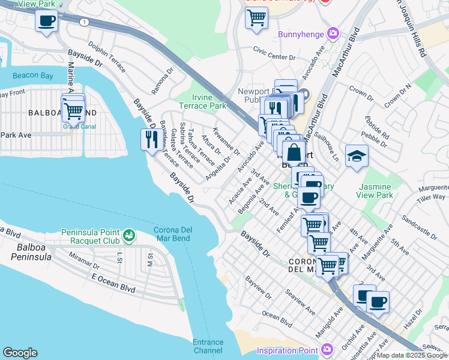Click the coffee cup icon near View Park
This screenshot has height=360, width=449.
[47, 22]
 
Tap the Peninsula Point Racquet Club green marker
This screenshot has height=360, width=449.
[128, 236]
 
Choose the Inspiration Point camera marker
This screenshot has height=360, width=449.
[327, 349]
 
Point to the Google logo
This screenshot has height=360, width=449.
[20, 353]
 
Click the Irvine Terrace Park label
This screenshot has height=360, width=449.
[209, 101]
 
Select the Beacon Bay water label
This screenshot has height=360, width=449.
[32, 76]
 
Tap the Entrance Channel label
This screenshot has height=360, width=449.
[208, 346]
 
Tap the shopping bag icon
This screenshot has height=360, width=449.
[294, 151]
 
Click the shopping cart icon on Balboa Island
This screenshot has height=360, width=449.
[73, 110]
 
